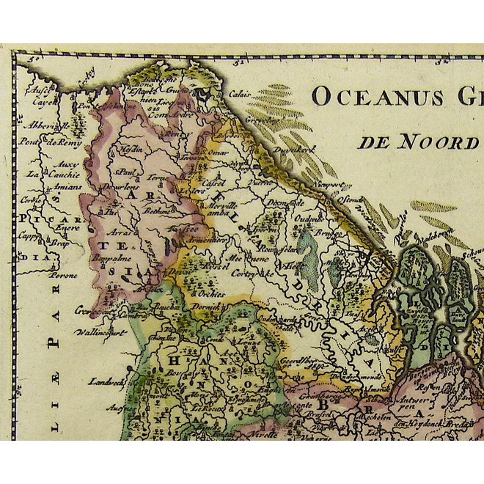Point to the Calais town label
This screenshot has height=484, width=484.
click(x=239, y=94)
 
